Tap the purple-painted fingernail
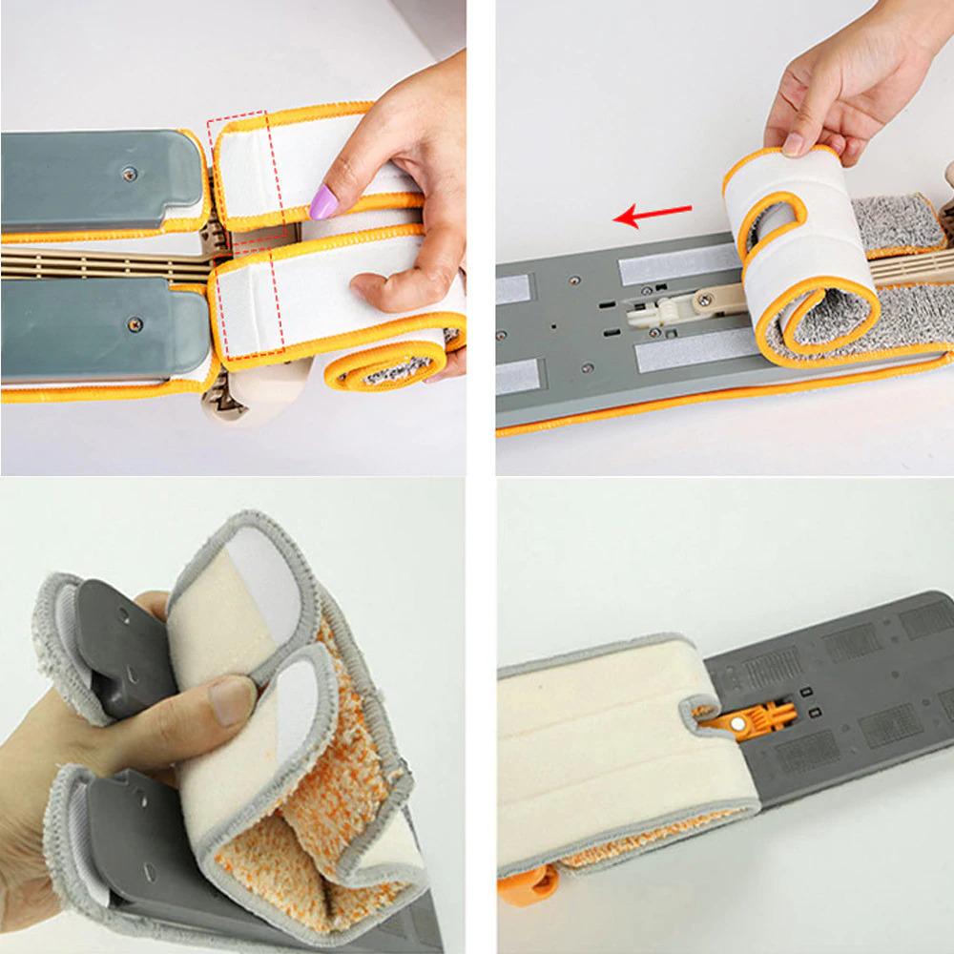click(325, 201)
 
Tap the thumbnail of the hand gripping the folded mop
click(232, 699)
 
